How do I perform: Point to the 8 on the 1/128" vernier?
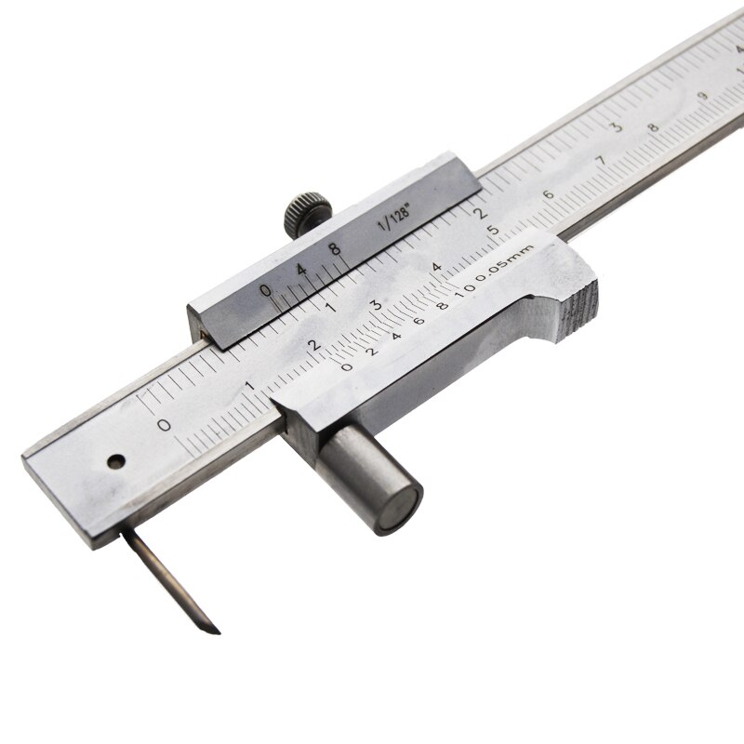(332, 248)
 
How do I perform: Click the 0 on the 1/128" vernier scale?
(266, 291)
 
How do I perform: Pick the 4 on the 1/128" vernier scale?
(300, 270)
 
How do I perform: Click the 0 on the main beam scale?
(164, 426)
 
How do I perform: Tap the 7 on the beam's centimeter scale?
(601, 160)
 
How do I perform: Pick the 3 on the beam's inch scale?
(615, 126)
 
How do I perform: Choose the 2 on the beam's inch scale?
(481, 209)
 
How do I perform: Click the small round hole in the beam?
(114, 460)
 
